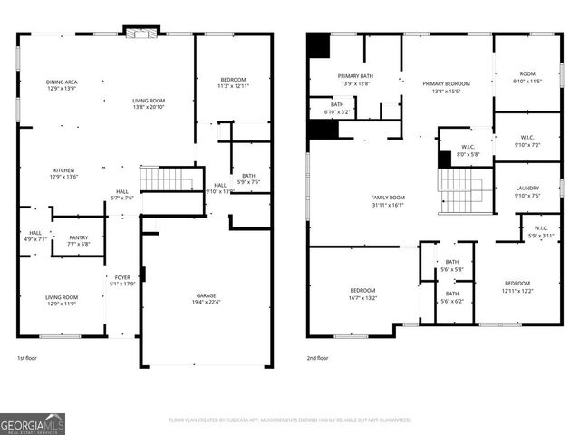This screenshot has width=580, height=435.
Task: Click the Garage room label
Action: [207, 296]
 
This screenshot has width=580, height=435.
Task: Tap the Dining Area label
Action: [62, 82]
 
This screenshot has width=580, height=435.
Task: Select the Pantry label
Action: [78, 237]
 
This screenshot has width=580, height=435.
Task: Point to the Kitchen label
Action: [63, 170]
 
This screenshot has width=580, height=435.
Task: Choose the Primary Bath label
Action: [355, 76]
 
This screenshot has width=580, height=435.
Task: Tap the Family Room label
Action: [387, 198]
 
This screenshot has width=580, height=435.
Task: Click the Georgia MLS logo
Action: [33, 422]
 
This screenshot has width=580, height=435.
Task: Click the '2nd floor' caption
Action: [318, 358]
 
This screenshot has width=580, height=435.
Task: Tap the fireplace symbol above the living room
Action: [140, 34]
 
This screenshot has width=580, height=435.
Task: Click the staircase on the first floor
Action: [167, 179]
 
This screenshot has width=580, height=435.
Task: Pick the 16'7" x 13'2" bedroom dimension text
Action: [362, 296]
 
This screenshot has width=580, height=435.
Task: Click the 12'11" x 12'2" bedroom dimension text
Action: [517, 290]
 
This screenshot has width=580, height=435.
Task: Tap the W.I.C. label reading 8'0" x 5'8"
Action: [469, 154]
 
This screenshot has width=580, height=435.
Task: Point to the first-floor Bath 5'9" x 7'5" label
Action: [248, 181]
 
